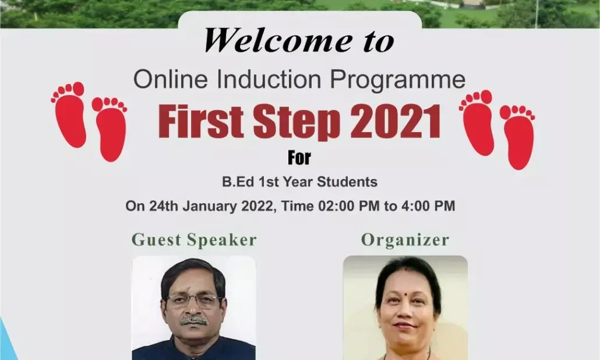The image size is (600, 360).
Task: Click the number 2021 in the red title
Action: tap(396, 122)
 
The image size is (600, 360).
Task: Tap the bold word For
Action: tap(299, 157)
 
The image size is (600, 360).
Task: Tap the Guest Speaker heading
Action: tap(194, 240)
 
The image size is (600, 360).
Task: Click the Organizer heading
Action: tap(405, 240)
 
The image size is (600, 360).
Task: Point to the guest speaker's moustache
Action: tap(193, 320)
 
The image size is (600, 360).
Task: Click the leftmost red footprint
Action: tap(70, 114)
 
